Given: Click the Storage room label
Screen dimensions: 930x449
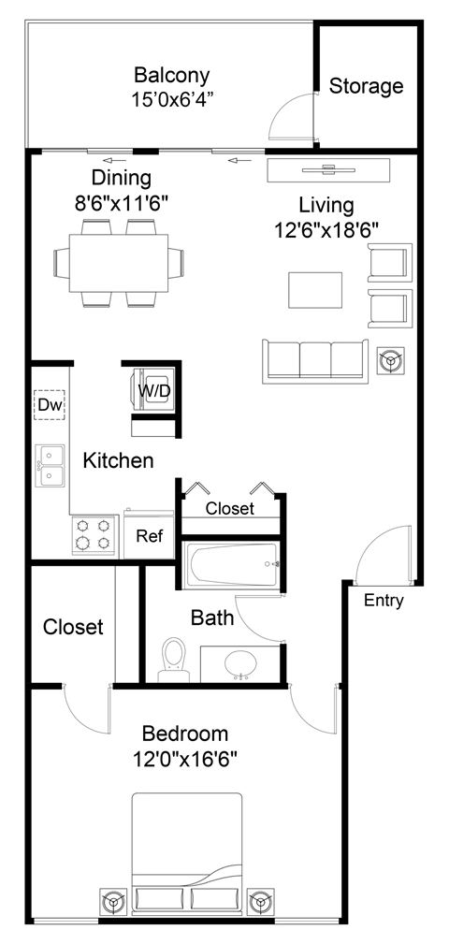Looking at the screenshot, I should [366, 87].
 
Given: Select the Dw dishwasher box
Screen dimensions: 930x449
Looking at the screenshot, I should [48, 404].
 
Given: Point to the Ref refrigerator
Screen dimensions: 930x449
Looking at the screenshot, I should [150, 536].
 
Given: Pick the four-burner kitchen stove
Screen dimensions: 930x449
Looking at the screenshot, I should [94, 535].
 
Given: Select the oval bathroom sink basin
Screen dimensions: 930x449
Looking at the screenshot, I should [241, 662].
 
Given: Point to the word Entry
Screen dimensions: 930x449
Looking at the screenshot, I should [384, 601].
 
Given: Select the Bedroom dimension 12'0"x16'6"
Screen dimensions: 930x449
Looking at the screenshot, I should [185, 757].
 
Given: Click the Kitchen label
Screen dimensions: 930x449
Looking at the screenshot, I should [118, 460].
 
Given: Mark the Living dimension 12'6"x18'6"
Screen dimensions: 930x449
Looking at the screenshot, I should [326, 227].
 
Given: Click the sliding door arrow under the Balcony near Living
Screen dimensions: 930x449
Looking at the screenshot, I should [240, 161].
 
